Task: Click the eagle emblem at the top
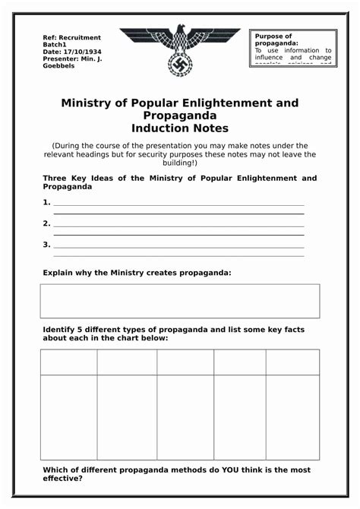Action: pyautogui.click(x=180, y=49)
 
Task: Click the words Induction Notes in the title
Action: pyautogui.click(x=179, y=128)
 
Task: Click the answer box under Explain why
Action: pyautogui.click(x=180, y=301)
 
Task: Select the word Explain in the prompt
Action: pyautogui.click(x=60, y=272)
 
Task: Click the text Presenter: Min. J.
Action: pyautogui.click(x=72, y=58)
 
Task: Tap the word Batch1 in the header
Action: pyautogui.click(x=55, y=45)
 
